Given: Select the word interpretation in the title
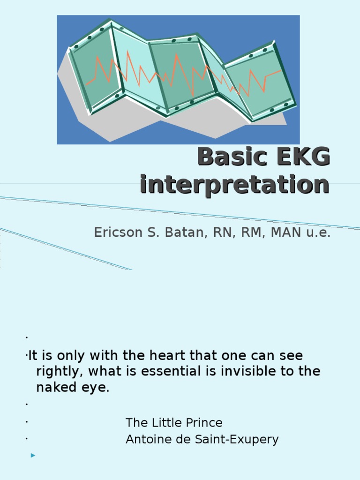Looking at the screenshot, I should pos(234,184).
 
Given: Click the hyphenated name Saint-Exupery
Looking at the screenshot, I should pos(235,440).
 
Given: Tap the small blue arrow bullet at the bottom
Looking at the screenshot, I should pos(33,455).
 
